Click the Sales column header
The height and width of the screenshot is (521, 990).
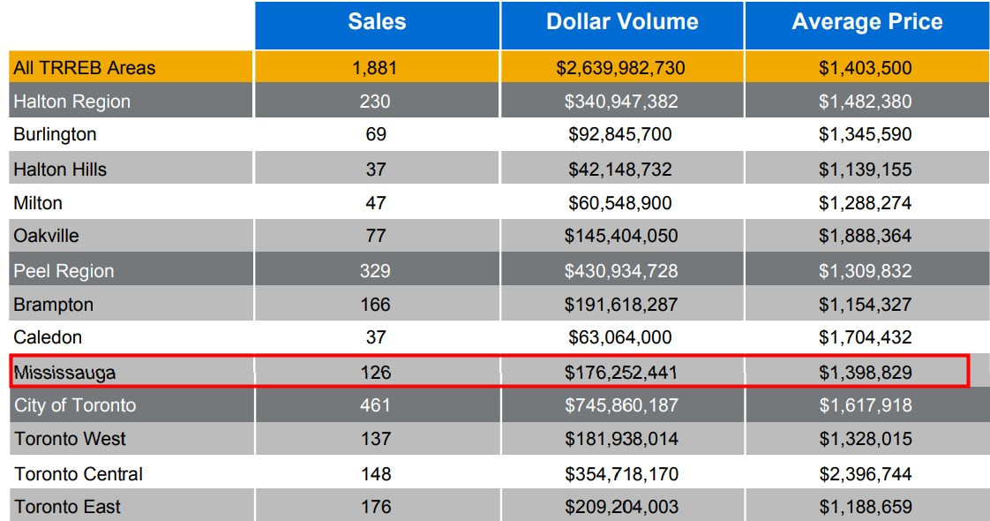coord(377,22)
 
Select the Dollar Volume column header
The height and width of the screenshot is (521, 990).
coord(622,22)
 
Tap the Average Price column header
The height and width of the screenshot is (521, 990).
coord(866,22)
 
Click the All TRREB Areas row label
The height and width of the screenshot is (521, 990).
coord(84,68)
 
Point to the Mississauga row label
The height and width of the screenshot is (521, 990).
coord(64,373)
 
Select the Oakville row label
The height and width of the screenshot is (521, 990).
coord(46,237)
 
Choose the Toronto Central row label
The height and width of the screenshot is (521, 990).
coord(79,474)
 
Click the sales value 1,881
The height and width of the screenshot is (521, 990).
coord(377,68)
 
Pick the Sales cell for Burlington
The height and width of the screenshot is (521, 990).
coord(377,135)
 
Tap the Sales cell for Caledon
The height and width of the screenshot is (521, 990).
coord(377,337)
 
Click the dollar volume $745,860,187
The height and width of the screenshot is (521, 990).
coord(622,406)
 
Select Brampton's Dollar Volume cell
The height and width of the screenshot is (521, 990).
coord(622,305)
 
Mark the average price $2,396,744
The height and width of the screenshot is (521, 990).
coord(866,474)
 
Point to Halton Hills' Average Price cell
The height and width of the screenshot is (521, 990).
coord(866,170)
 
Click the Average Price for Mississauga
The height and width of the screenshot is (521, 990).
coord(866,373)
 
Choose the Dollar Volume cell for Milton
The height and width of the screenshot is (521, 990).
coord(622,203)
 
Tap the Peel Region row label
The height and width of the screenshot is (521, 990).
coord(64,271)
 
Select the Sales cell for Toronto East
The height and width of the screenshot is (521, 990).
coord(377,508)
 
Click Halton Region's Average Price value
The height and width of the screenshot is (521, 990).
coord(866,102)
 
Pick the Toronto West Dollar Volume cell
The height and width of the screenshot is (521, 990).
coord(622,440)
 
